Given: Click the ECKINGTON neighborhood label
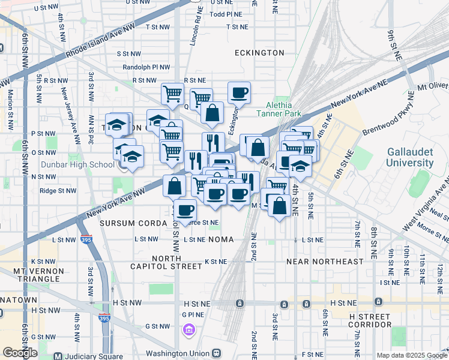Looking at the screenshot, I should [259, 53].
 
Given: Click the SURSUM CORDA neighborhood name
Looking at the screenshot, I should [133, 223].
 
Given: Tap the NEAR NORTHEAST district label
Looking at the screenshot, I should [325, 262].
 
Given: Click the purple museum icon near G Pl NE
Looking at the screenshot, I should [188, 329].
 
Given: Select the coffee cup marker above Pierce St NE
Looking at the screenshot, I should [185, 209].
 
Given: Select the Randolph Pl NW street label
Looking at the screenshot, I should [146, 67].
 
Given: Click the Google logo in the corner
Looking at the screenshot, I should [20, 353].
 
